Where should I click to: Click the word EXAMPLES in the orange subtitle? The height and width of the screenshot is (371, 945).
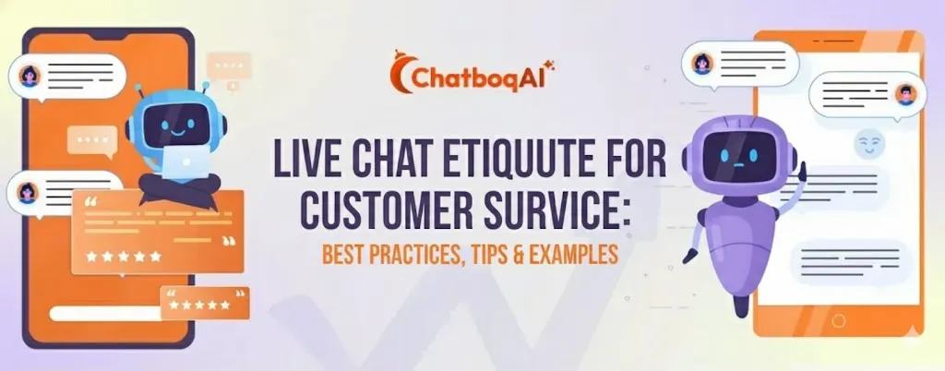[x=573, y=255]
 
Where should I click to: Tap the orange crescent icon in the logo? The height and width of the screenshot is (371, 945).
[x=401, y=72]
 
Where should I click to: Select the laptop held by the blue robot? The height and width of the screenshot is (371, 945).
[x=186, y=162]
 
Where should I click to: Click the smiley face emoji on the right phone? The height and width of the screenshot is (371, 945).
[x=868, y=143]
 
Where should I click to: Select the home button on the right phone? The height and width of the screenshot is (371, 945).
[x=838, y=320]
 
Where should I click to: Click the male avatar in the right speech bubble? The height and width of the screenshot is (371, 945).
[x=904, y=94]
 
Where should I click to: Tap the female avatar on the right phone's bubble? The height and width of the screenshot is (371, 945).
[x=702, y=63]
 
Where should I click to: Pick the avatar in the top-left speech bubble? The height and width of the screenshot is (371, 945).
[x=29, y=76]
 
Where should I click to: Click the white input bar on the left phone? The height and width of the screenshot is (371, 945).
[x=106, y=313]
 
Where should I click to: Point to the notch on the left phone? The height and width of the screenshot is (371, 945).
[x=109, y=36]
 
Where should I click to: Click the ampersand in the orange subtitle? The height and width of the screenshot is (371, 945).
[x=520, y=255]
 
